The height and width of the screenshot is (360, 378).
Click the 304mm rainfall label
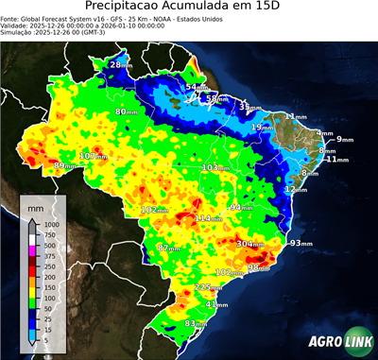tap(250, 244)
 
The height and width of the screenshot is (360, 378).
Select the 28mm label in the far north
tap(120, 64)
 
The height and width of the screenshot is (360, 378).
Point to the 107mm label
tap(94, 156)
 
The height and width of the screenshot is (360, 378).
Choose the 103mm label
tap(215, 168)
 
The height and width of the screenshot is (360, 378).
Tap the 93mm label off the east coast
tap(301, 244)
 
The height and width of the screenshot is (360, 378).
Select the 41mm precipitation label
tap(216, 304)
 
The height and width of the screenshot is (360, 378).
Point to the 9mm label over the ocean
tap(344, 140)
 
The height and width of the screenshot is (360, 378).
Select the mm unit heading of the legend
tap(36, 204)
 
